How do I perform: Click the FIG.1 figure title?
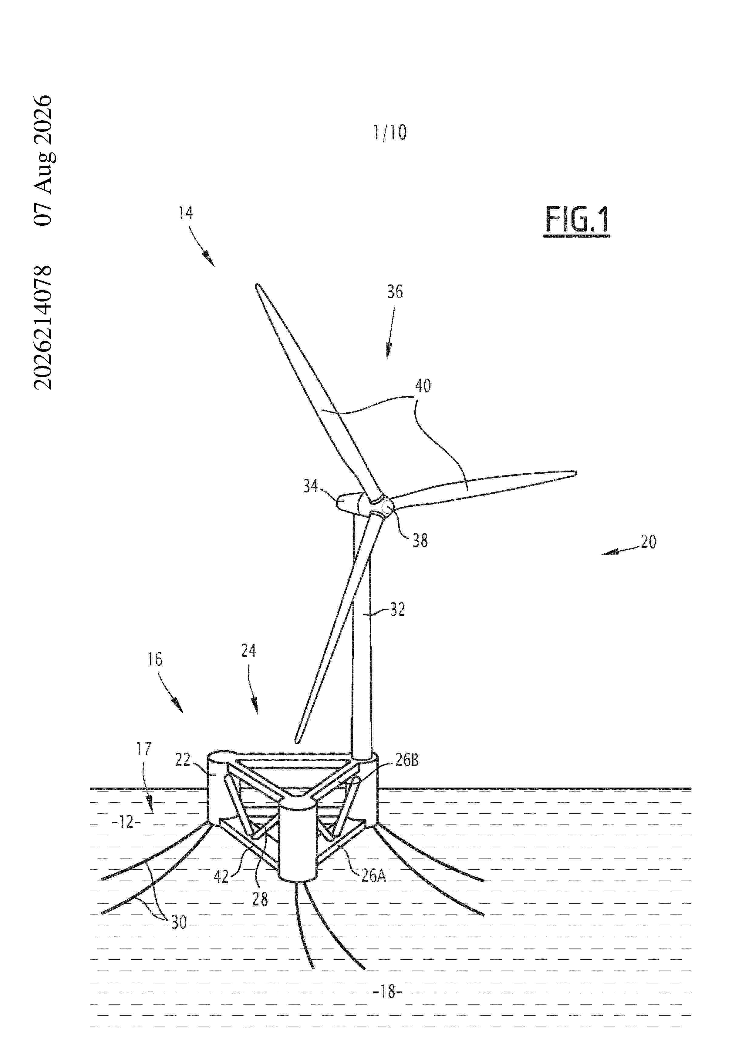tap(576, 220)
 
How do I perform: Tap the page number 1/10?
tap(390, 133)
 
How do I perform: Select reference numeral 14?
tap(186, 212)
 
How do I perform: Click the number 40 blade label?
tap(423, 386)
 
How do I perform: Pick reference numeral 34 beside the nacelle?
tap(310, 486)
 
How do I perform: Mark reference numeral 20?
tap(648, 542)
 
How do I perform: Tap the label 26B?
tap(407, 760)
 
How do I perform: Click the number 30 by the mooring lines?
tap(179, 922)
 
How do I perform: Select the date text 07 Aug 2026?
tap(43, 160)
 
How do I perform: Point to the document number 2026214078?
tap(43, 327)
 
